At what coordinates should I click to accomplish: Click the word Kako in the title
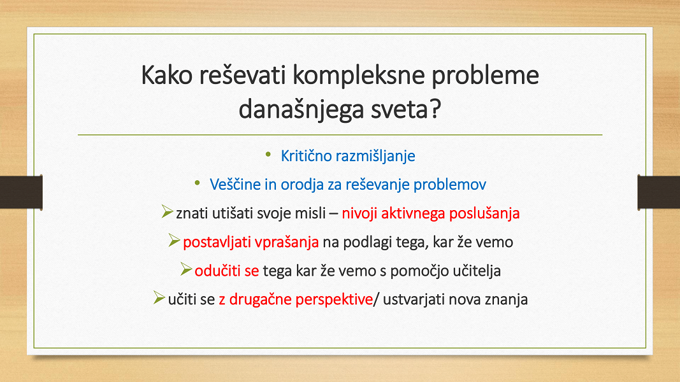click(x=166, y=75)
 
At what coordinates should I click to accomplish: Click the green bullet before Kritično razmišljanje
click(x=268, y=154)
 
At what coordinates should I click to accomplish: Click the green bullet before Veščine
click(x=198, y=183)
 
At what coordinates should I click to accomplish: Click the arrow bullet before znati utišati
click(x=167, y=211)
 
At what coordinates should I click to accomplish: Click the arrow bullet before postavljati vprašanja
click(x=174, y=240)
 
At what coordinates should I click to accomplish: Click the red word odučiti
click(x=217, y=271)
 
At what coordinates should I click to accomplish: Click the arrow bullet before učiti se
click(x=159, y=297)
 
